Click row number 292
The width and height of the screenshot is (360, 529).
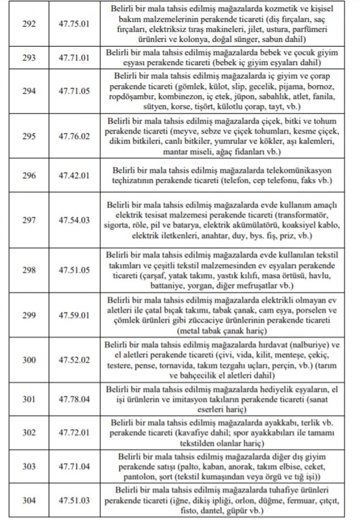pyautogui.click(x=29, y=24)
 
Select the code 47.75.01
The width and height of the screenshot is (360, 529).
pyautogui.click(x=74, y=24)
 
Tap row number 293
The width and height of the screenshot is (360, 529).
pyautogui.click(x=29, y=58)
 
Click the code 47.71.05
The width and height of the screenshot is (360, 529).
pyautogui.click(x=74, y=91)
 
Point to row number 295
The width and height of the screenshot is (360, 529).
pyautogui.click(x=29, y=136)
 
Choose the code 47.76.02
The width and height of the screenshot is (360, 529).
pyautogui.click(x=74, y=136)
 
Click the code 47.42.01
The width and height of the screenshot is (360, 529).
pyautogui.click(x=74, y=175)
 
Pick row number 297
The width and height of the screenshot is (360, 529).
pyautogui.click(x=29, y=220)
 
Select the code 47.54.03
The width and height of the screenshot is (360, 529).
pyautogui.click(x=74, y=220)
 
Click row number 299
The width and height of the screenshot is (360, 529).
pyautogui.click(x=29, y=315)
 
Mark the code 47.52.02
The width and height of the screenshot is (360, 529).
pyautogui.click(x=74, y=360)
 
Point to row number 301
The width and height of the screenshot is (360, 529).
pyautogui.click(x=29, y=399)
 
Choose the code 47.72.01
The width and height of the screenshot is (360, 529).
pyautogui.click(x=74, y=433)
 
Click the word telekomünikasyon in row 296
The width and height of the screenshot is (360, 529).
pyautogui.click(x=299, y=170)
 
